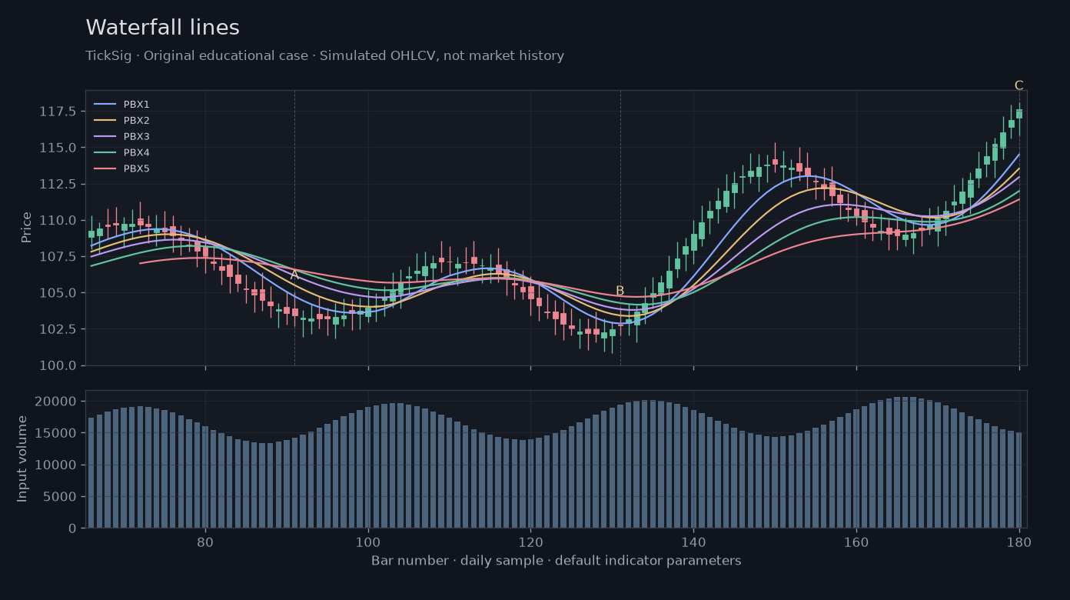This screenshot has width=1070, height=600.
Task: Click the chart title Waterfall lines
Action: coord(162,27)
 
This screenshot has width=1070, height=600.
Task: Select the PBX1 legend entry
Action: coord(121,104)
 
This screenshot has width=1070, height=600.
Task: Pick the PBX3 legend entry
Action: coord(121,136)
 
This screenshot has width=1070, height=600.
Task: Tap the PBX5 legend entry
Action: coord(121,168)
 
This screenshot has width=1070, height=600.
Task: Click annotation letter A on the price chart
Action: coord(294,275)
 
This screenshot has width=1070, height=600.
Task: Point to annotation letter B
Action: coord(620,291)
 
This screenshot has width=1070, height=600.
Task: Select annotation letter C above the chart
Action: coord(1019,85)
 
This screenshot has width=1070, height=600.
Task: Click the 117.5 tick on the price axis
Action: coord(58,112)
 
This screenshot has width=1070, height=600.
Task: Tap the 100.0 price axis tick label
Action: coord(58,365)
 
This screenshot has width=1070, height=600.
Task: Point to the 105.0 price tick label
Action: coord(58,292)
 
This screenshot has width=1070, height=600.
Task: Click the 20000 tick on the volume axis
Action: coord(55,401)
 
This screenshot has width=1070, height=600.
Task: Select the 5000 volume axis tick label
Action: coord(60,497)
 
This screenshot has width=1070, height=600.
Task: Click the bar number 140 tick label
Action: coord(693,542)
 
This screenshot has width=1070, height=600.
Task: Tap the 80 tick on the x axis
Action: coord(205,542)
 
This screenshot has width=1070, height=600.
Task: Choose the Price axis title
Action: coord(26,228)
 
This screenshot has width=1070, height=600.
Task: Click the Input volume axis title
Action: coord(22,459)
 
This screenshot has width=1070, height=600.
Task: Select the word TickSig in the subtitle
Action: coord(108,56)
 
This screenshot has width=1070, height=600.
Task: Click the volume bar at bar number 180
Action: coord(1019,480)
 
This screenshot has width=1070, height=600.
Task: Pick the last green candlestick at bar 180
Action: coord(1019,114)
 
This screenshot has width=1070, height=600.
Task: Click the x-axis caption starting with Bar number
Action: coord(556,560)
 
